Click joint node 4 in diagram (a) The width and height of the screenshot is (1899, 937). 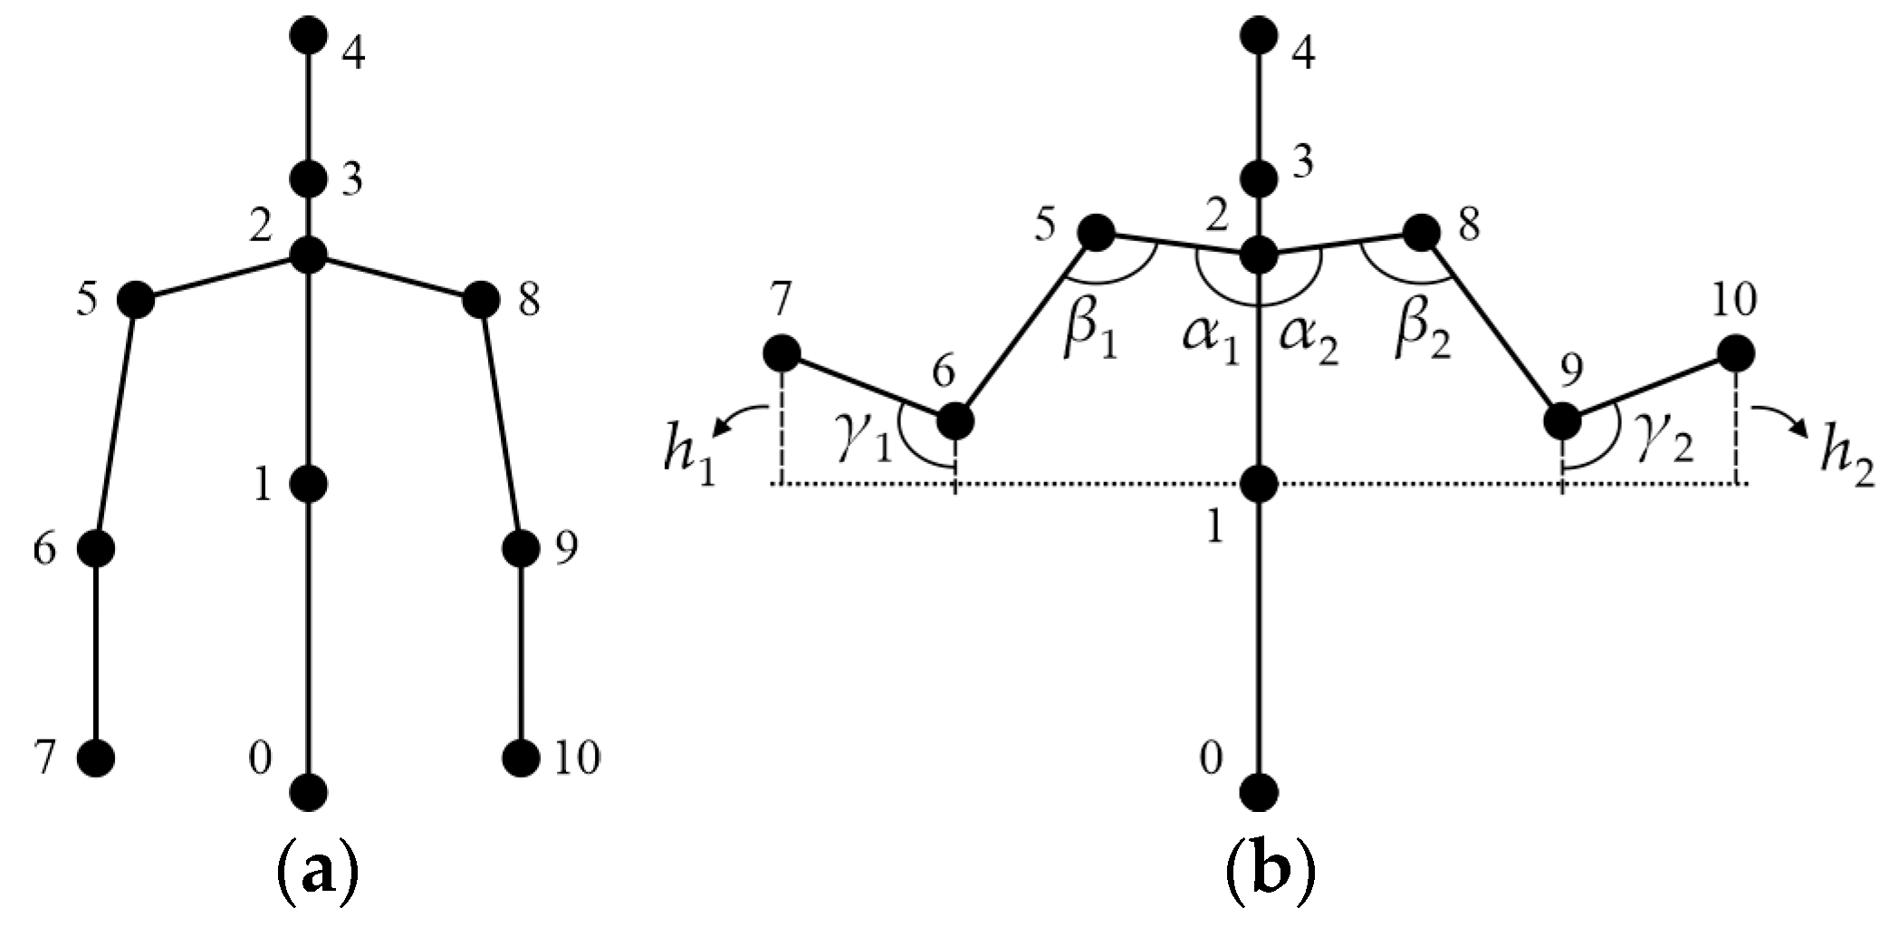click(310, 36)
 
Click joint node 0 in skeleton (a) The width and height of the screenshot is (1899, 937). click(310, 792)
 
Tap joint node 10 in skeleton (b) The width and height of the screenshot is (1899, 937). click(1735, 353)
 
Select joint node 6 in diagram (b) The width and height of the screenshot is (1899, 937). click(955, 420)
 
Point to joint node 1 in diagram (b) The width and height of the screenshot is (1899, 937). click(1259, 485)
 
